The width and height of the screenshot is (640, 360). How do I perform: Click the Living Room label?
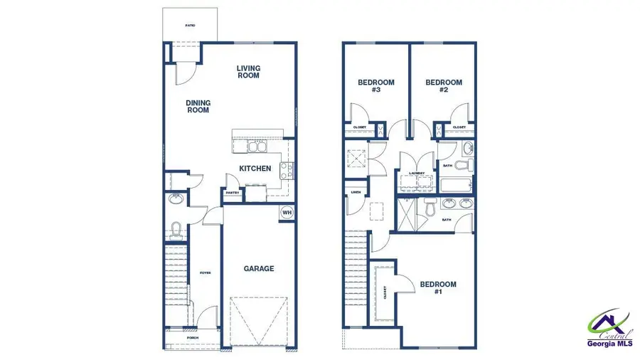pos(248,72)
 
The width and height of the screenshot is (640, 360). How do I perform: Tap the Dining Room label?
pos(198,107)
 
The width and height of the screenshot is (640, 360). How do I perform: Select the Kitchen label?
pos(255,169)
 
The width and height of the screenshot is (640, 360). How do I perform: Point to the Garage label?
pos(259,268)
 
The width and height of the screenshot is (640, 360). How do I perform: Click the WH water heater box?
pos(287,212)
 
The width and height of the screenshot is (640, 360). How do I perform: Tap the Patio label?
pos(190,25)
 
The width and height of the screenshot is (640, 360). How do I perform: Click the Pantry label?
pos(233,193)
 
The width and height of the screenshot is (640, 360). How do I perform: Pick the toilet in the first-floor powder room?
pos(176,229)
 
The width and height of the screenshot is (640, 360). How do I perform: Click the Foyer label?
pos(205,272)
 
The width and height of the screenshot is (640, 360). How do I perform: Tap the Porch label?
pos(193,338)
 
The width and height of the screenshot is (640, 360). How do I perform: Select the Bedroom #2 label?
pos(444,86)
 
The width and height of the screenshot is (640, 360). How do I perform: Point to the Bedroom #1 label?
pos(438,288)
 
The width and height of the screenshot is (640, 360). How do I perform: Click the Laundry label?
pos(417,173)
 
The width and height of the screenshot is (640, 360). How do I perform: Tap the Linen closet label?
pos(354,191)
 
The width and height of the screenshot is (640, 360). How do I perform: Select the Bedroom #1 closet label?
pos(385,292)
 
